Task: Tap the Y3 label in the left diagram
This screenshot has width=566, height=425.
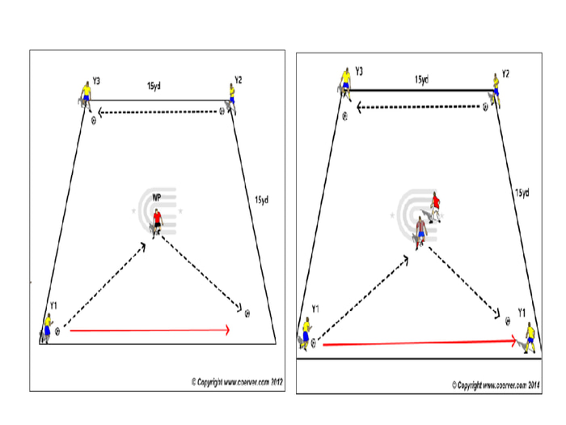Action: (96, 80)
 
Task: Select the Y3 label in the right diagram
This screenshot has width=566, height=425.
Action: (358, 72)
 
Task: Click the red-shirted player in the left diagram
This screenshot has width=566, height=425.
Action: (157, 221)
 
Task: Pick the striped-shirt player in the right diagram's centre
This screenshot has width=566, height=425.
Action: (420, 232)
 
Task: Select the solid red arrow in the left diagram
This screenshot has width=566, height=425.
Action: (150, 329)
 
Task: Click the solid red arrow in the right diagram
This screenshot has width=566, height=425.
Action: (419, 343)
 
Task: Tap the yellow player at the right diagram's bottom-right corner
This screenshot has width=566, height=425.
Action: (529, 336)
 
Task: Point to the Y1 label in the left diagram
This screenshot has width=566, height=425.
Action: (53, 304)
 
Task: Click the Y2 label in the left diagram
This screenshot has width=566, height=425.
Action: (239, 79)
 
